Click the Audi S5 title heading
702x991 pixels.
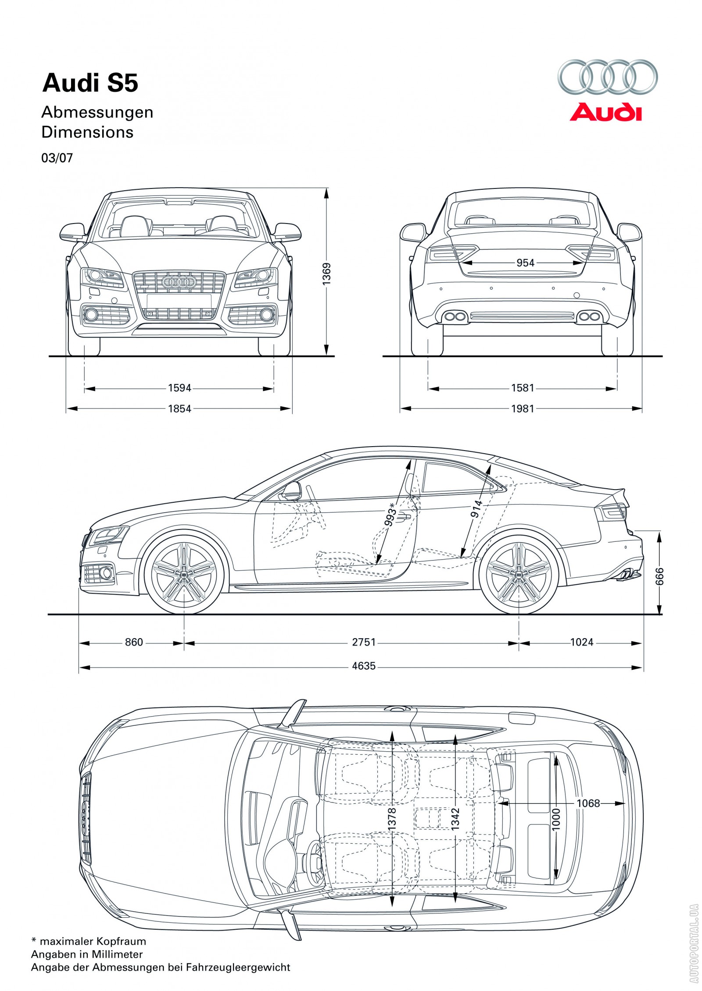[90, 83]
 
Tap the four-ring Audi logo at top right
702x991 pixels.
[607, 77]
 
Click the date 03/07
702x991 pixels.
[57, 158]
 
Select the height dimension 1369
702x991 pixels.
[326, 274]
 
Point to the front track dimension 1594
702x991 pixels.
[179, 388]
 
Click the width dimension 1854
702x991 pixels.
[179, 408]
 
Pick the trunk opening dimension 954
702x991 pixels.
[525, 263]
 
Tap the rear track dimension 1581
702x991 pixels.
[523, 388]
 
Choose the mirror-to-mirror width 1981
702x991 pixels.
[523, 408]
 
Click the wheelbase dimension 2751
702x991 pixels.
[364, 642]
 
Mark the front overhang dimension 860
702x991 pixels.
[134, 642]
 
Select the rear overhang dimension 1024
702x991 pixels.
[581, 642]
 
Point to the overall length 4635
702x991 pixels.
[364, 666]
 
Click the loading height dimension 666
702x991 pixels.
[659, 576]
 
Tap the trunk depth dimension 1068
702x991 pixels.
[588, 803]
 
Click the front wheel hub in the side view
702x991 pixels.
[184, 574]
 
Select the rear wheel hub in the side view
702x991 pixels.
[519, 574]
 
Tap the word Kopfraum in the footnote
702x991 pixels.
[121, 941]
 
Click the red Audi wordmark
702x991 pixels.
[605, 112]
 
